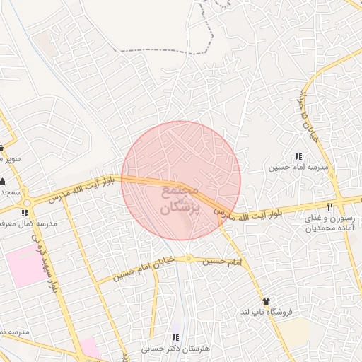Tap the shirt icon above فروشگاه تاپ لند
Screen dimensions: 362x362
coord(266,301)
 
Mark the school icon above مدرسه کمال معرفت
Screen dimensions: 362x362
coord(25,212)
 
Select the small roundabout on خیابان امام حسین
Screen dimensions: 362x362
coord(189,259)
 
